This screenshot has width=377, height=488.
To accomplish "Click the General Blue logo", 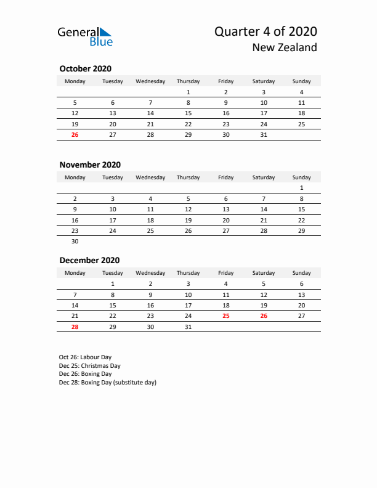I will click(x=85, y=36).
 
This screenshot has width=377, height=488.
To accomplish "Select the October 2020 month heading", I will click(x=85, y=68).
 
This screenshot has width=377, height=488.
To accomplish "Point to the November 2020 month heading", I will click(x=90, y=165).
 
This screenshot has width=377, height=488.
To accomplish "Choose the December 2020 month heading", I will click(x=89, y=260).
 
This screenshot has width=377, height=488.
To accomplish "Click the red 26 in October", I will click(x=75, y=134).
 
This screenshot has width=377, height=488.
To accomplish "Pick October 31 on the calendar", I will click(x=264, y=134).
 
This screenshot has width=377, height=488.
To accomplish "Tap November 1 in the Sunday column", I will click(x=302, y=188).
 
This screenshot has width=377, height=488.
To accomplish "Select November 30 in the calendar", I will click(x=75, y=242).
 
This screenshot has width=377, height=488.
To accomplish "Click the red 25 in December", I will click(x=226, y=315).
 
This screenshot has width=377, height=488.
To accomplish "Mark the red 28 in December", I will click(x=75, y=327).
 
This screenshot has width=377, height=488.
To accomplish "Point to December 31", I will click(x=188, y=327).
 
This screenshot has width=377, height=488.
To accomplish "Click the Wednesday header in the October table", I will click(x=150, y=81).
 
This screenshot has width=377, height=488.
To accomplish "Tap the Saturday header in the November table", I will click(x=264, y=177).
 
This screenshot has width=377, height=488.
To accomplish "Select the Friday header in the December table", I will click(x=226, y=273).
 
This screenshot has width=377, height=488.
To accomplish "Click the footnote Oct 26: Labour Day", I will click(x=85, y=357).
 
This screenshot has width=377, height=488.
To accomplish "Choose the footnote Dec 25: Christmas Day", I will click(x=89, y=365).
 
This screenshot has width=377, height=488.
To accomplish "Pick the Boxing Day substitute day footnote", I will click(x=108, y=382).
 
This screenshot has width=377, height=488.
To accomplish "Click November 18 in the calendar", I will click(x=150, y=220).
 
